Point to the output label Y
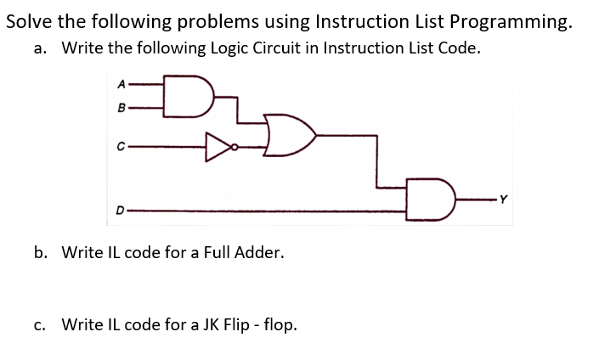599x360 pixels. [504, 200]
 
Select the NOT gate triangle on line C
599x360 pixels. [217, 146]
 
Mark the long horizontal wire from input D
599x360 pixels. [272, 209]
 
